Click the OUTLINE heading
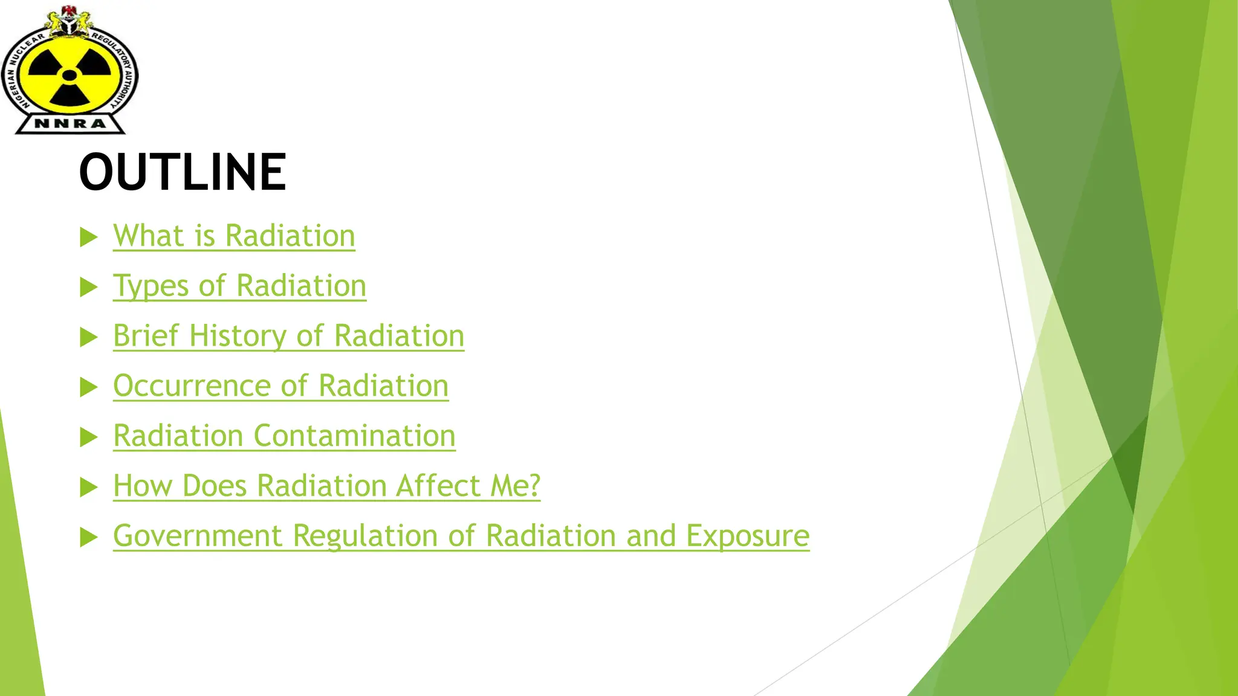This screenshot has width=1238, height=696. click(x=183, y=172)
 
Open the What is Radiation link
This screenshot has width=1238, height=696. click(x=234, y=236)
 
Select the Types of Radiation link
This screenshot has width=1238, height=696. click(x=239, y=286)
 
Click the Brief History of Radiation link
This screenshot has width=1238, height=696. click(x=288, y=336)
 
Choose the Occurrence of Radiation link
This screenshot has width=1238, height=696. click(x=280, y=386)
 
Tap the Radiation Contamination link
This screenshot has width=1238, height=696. click(x=284, y=436)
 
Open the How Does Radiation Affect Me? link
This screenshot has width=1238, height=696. click(x=326, y=486)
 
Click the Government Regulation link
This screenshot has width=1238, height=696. click(x=461, y=536)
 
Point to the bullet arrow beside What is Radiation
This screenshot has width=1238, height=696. click(x=88, y=237)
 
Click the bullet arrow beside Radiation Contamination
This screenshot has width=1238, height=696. click(x=88, y=437)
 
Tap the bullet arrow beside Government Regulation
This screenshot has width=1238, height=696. click(x=88, y=537)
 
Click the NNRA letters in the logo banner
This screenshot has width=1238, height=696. click(x=70, y=124)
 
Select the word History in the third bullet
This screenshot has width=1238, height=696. click(x=238, y=336)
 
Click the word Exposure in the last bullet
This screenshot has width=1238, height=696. click(x=747, y=536)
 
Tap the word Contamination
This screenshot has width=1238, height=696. click(x=354, y=436)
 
